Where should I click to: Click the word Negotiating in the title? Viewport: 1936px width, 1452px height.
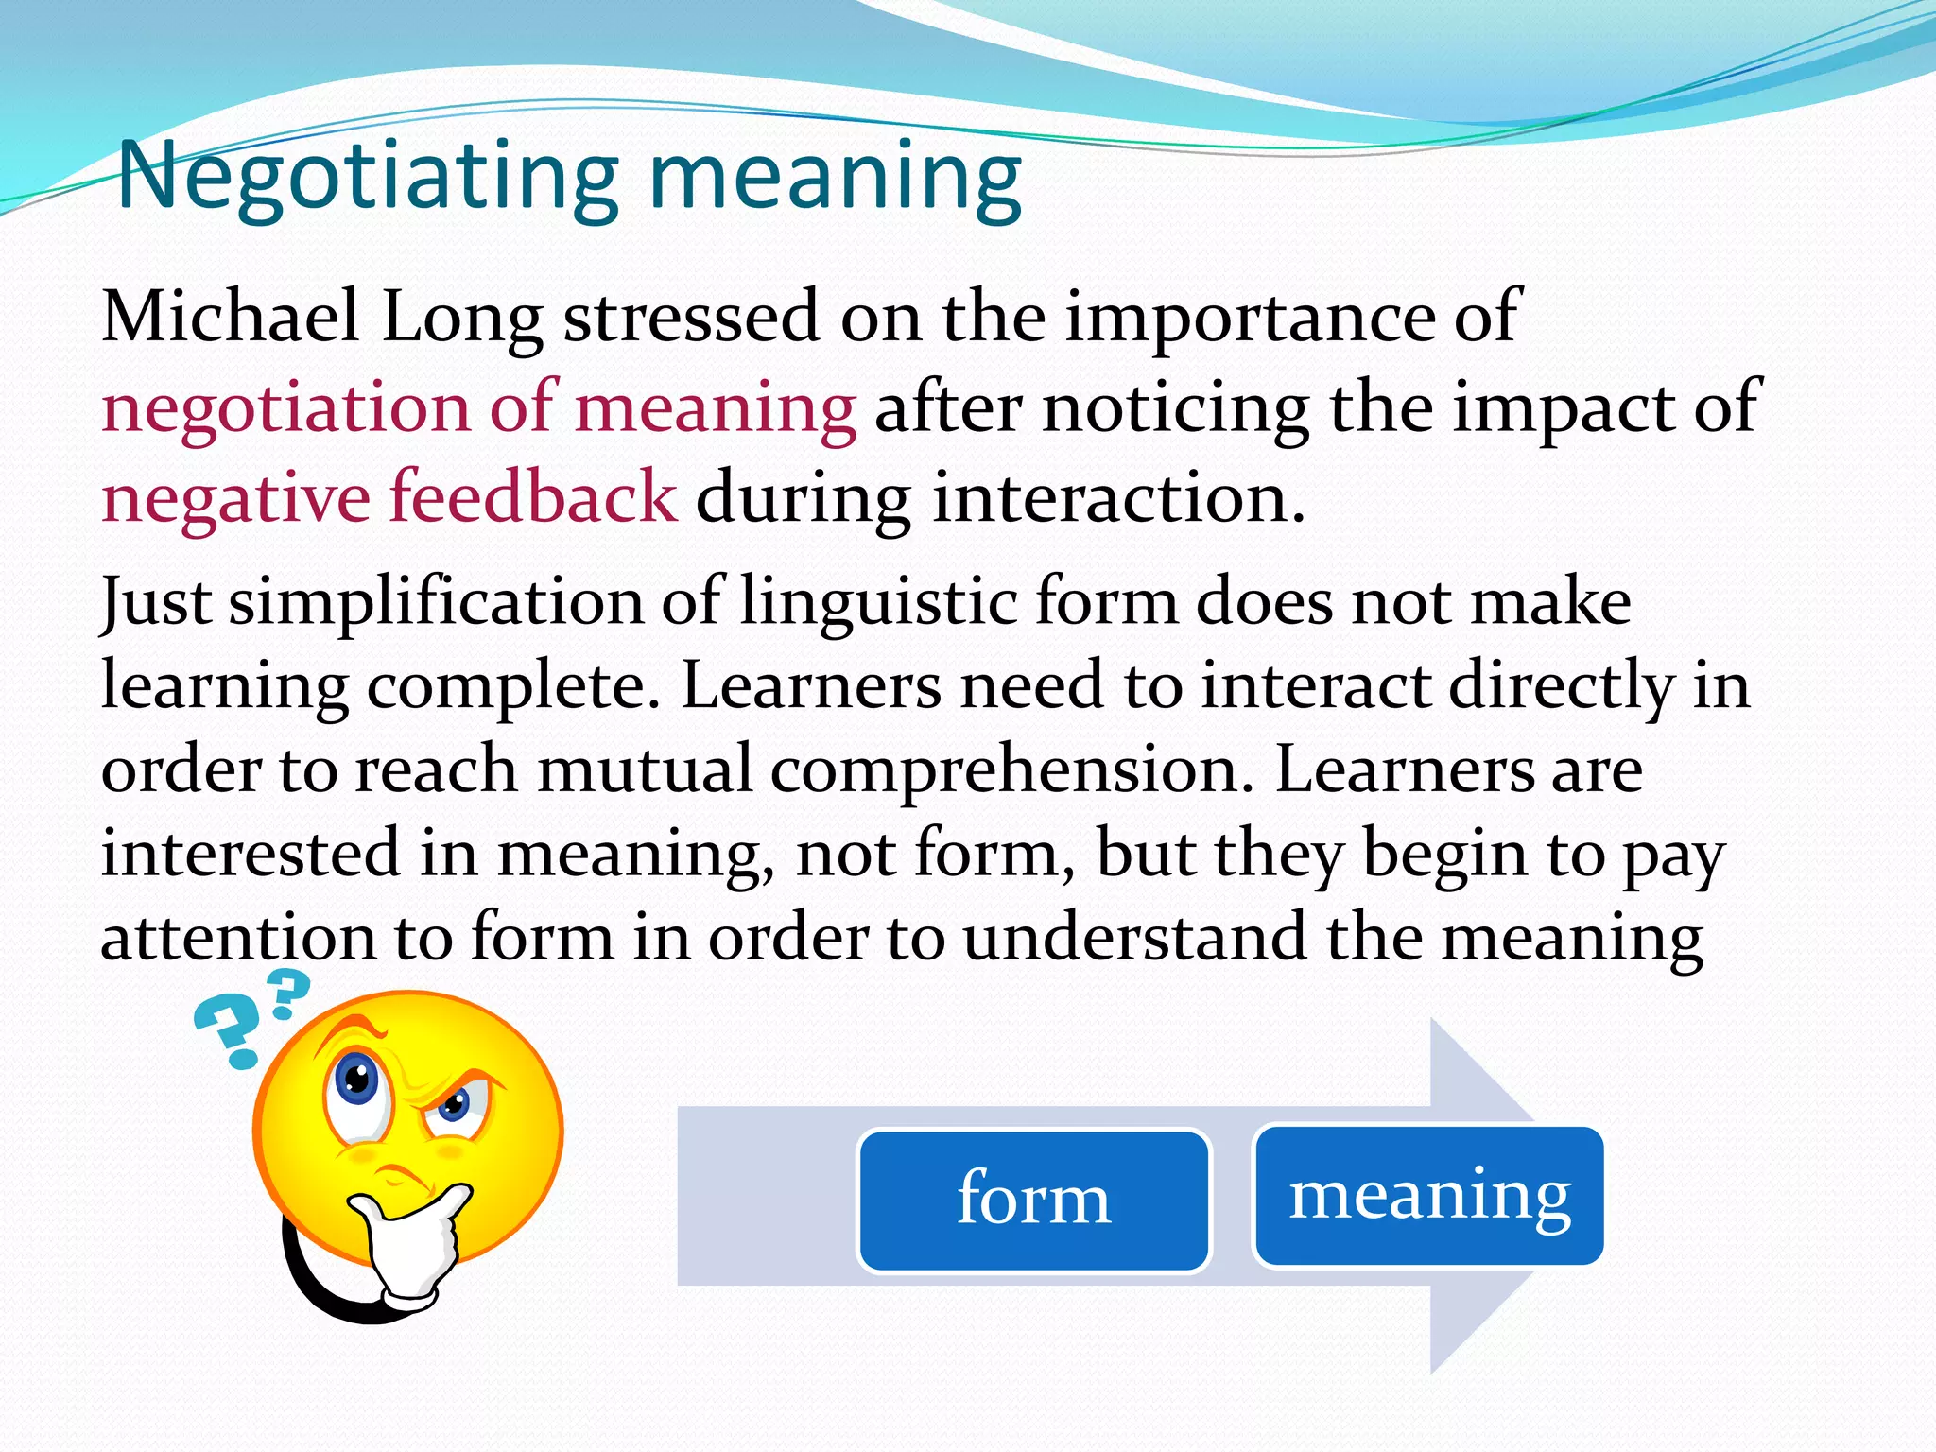pos(369,180)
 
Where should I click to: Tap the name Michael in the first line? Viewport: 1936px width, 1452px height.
pos(230,317)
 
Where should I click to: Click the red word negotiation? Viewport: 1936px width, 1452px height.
pos(285,408)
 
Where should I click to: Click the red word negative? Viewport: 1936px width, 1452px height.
pos(235,499)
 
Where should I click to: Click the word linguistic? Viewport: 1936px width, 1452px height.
pos(877,603)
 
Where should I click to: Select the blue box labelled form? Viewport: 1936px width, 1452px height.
pos(1033,1201)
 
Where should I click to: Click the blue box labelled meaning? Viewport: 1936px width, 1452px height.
pos(1428,1195)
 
